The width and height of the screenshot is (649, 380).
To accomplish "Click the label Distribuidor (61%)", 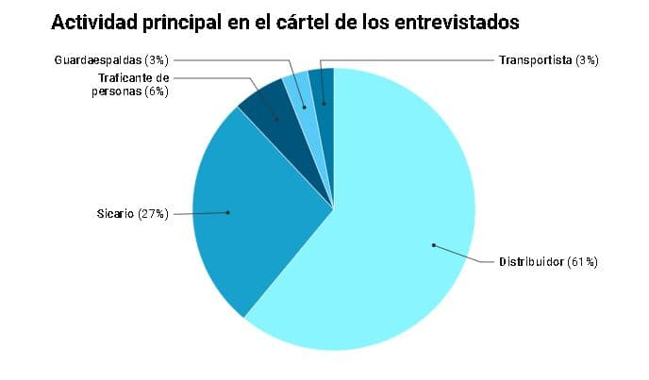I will tap(548, 261).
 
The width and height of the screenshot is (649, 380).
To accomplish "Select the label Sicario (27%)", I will tap(132, 214).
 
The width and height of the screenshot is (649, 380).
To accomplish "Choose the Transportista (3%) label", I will tap(548, 60).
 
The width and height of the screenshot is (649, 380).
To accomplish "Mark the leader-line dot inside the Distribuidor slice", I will tap(433, 246).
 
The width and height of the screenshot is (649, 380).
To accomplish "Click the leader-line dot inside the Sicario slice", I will tap(228, 212).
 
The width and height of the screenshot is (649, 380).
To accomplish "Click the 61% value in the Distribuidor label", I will tap(583, 261).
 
